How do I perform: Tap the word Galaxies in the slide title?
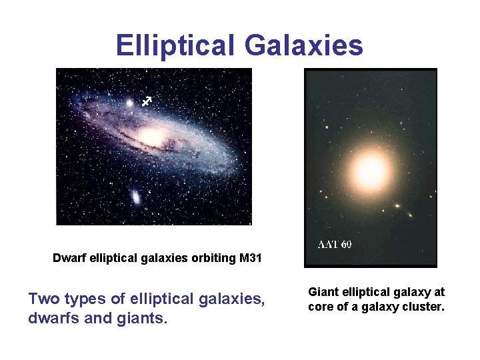pyautogui.click(x=304, y=45)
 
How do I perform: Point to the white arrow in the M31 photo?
pyautogui.click(x=147, y=101)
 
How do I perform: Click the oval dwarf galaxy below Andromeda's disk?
pyautogui.click(x=135, y=197)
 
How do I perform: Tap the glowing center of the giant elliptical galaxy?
pyautogui.click(x=370, y=171)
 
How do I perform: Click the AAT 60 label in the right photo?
pyautogui.click(x=334, y=244)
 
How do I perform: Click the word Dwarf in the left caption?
pyautogui.click(x=67, y=258)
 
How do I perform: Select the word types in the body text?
pyautogui.click(x=88, y=299)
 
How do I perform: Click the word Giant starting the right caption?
pyautogui.click(x=323, y=291)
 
